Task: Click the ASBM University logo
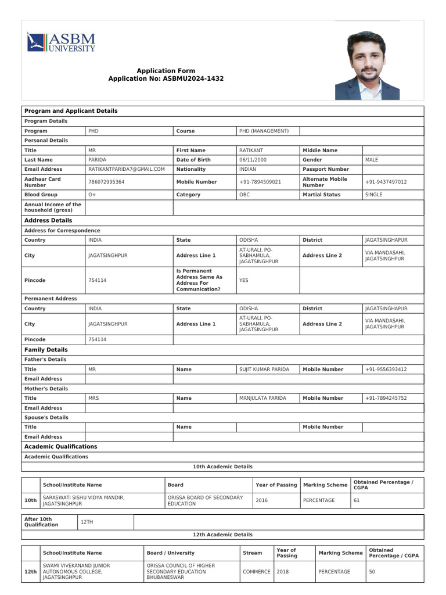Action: [x=61, y=42]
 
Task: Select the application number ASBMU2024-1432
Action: [x=193, y=78]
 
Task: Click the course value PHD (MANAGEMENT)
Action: [x=264, y=131]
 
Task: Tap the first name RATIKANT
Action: [x=251, y=150]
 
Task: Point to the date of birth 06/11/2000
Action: [x=253, y=160]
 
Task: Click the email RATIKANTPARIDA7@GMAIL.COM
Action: [x=127, y=169]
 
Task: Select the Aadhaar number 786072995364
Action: [x=106, y=182]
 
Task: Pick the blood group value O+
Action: [x=92, y=195]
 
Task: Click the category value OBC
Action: [x=244, y=195]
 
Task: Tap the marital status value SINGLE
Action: [x=373, y=195]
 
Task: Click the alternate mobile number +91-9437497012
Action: [x=386, y=182]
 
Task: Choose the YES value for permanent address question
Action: [x=244, y=280]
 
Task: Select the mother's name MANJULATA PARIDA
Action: [x=262, y=398]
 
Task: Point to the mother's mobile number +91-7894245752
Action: [x=386, y=398]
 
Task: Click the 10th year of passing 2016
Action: [x=262, y=500]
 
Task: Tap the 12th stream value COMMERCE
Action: [x=257, y=572]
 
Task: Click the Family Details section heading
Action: [x=46, y=350]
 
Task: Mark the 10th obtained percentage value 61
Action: [x=357, y=500]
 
